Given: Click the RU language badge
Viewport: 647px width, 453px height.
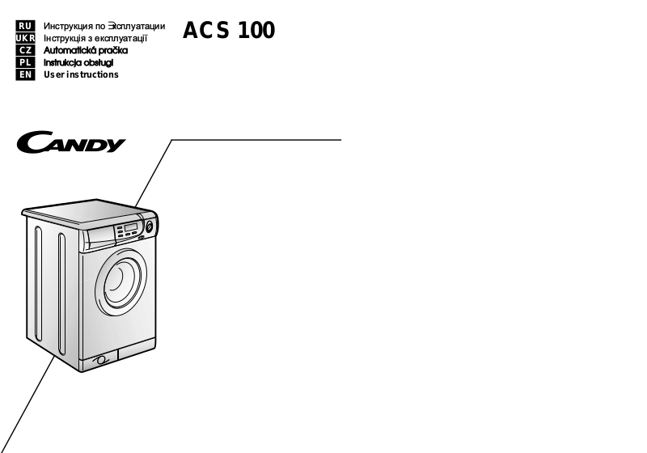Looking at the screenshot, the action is [x=26, y=26].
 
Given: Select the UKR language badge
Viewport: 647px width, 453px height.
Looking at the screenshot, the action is [x=26, y=38].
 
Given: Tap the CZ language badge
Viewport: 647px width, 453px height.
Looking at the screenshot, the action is [x=26, y=50].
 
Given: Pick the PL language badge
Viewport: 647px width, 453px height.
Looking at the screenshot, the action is [x=26, y=62].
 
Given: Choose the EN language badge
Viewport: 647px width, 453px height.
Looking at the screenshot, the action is [x=26, y=74].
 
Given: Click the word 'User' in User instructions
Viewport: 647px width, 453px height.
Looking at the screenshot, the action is [x=53, y=74].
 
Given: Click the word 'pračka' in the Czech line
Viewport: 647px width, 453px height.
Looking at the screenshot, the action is [x=116, y=50].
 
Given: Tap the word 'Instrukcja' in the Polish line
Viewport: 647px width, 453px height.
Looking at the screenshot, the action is [x=66, y=62].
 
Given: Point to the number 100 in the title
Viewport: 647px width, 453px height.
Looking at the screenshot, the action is [x=257, y=31].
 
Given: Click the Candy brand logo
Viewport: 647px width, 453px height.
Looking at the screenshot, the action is [x=70, y=144].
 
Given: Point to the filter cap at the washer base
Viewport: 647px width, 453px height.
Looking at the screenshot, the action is [x=100, y=360].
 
